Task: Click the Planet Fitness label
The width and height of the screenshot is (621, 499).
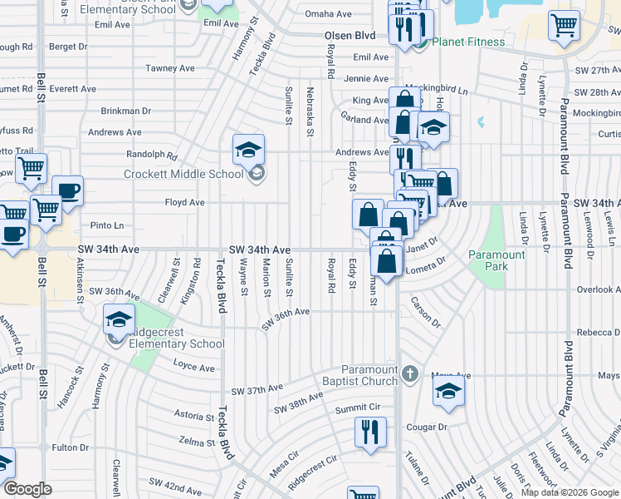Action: coord(468,42)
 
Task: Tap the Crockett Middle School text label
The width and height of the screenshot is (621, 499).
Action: coord(183,174)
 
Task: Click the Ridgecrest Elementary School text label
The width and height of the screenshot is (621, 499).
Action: coord(175,343)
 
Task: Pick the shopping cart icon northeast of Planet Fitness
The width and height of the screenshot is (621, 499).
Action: coord(564,25)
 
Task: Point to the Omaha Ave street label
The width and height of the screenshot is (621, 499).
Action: coord(328,14)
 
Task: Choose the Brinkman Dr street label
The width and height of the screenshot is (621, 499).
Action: coord(125,110)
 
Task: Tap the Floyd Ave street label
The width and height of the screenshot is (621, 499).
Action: coord(184,202)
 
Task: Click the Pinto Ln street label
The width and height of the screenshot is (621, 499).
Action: coord(106,225)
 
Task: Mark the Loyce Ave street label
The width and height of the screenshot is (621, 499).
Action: coord(193,368)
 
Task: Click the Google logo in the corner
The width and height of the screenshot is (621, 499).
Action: coord(28,489)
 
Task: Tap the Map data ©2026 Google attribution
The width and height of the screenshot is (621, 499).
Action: coord(570,492)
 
